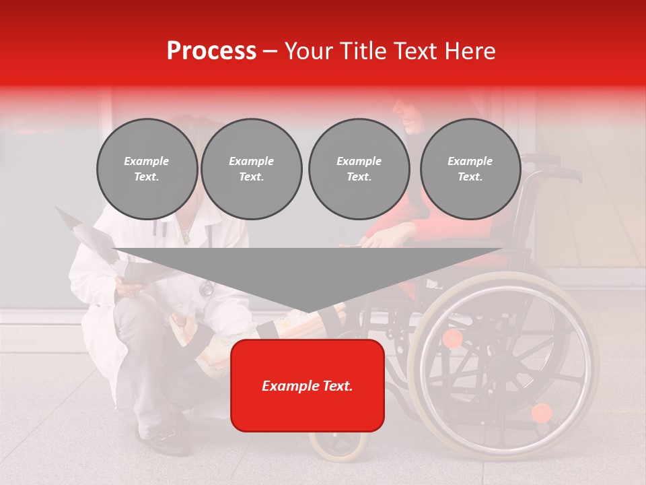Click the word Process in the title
click(x=211, y=51)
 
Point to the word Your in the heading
click(x=308, y=51)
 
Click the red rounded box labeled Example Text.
click(x=308, y=385)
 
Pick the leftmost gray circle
click(x=147, y=169)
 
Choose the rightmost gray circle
click(x=470, y=169)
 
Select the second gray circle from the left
click(x=251, y=169)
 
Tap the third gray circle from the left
click(x=359, y=169)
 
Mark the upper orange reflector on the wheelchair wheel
click(x=453, y=338)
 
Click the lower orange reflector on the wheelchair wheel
click(x=541, y=412)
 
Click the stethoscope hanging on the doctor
click(x=206, y=288)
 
